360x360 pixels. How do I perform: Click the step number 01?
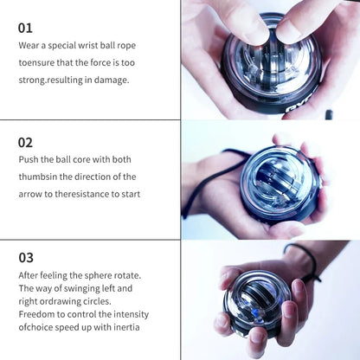click(x=26, y=28)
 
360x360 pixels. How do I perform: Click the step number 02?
click(x=27, y=142)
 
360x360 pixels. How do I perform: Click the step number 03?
click(x=27, y=258)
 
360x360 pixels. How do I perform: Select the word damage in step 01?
click(x=111, y=80)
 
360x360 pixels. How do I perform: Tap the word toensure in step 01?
click(x=40, y=62)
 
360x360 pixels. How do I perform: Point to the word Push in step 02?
click(x=29, y=159)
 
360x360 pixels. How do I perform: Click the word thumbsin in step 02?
click(x=40, y=177)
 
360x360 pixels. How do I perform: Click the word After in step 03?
click(x=30, y=275)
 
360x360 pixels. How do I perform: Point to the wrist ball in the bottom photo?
click(x=257, y=304)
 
